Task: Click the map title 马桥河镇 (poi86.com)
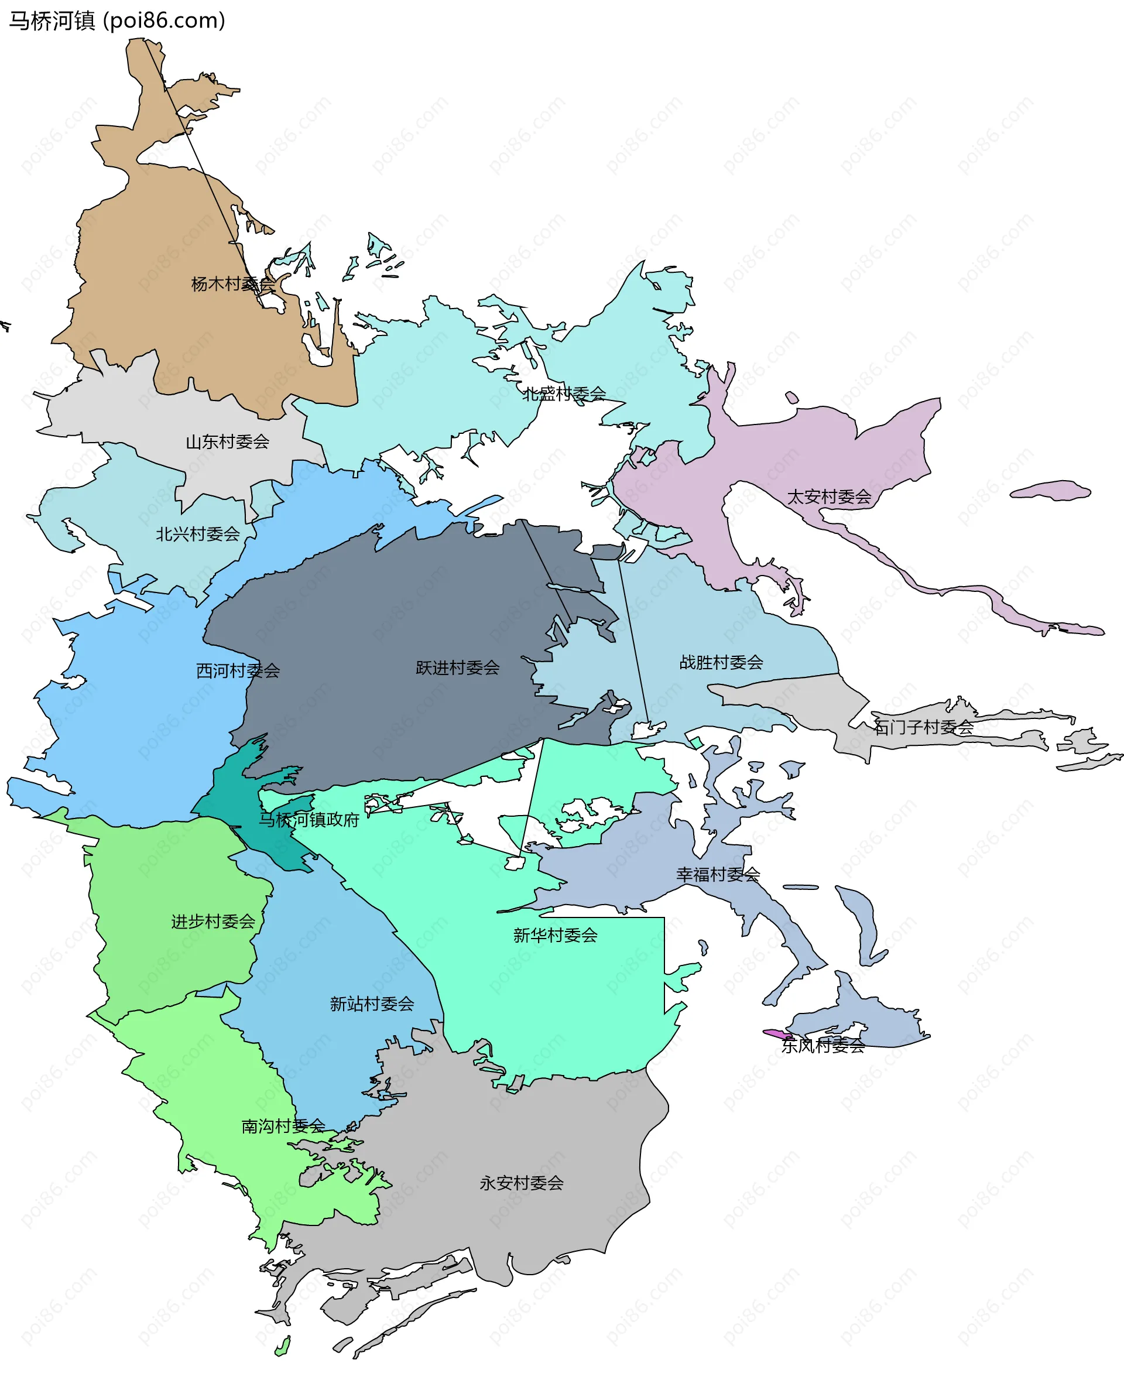(x=116, y=20)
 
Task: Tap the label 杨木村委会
(x=232, y=284)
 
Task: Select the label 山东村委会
(x=227, y=442)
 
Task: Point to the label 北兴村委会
(x=198, y=534)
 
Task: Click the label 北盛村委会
(x=564, y=393)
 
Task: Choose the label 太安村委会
(x=828, y=497)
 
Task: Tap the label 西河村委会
(x=238, y=670)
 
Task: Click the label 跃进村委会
(x=457, y=667)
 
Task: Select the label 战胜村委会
(x=721, y=662)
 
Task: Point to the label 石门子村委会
(x=923, y=727)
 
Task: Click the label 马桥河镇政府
(x=309, y=820)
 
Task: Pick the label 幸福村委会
(x=718, y=875)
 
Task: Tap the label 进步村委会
(x=213, y=922)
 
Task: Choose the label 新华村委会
(x=555, y=935)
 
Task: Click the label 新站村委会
(x=372, y=1004)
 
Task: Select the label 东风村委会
(x=823, y=1046)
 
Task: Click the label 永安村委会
(x=522, y=1183)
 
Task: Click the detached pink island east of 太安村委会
(x=1050, y=491)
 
